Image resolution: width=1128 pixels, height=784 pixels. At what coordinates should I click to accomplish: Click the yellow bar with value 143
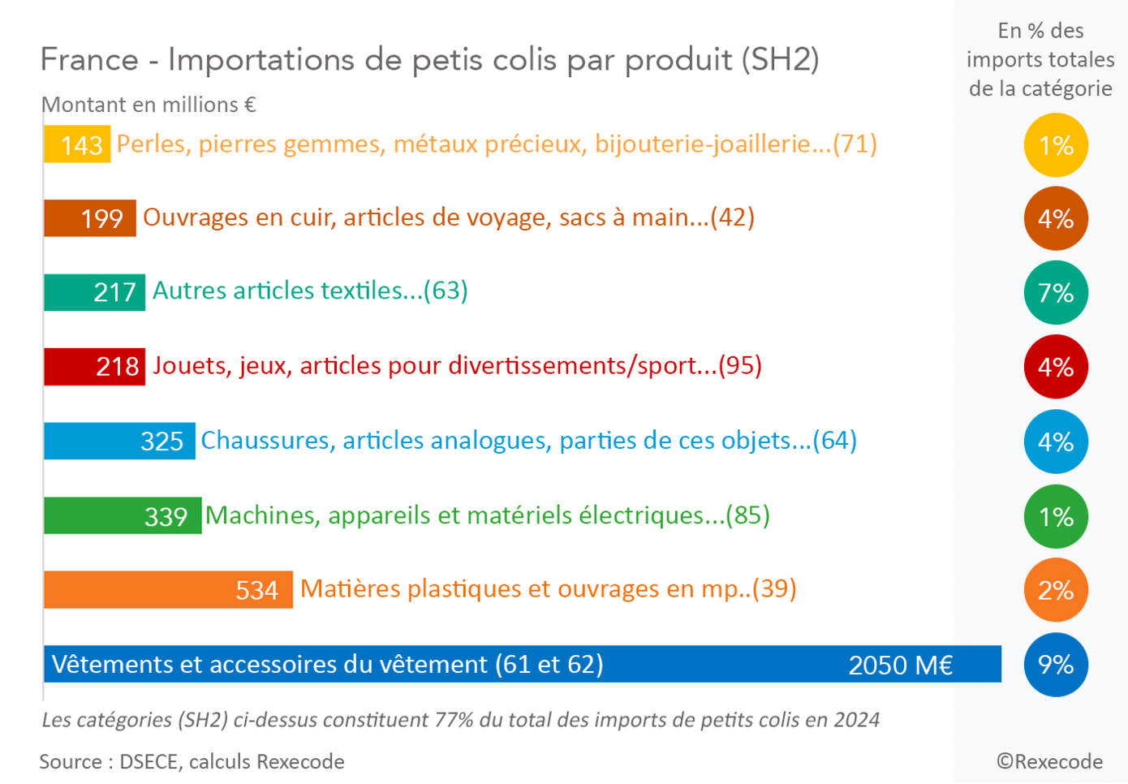click(x=77, y=144)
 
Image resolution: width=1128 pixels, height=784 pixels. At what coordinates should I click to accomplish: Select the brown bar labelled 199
click(x=90, y=218)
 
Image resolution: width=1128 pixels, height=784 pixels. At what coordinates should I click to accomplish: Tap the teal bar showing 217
click(x=95, y=292)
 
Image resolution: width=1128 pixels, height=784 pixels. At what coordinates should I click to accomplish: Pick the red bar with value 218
click(x=95, y=366)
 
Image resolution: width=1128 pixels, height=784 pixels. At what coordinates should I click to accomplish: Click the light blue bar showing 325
click(x=119, y=441)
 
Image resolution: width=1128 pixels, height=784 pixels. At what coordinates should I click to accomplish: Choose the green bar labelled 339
click(x=123, y=515)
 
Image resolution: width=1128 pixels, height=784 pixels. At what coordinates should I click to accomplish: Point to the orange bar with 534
click(x=168, y=589)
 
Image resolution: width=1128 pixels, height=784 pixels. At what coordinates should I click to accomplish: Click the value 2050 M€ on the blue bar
click(x=900, y=666)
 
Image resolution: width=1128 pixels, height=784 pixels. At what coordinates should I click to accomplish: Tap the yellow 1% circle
click(x=1056, y=145)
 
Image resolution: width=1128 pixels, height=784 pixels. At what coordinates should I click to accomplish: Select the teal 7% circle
click(x=1056, y=292)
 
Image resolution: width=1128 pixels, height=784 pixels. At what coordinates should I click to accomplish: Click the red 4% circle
click(x=1056, y=367)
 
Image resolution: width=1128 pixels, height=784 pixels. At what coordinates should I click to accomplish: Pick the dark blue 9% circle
click(x=1056, y=665)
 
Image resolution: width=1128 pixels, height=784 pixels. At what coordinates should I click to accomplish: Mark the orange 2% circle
click(x=1056, y=590)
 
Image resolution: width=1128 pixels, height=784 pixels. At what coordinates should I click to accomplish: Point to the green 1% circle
click(x=1056, y=516)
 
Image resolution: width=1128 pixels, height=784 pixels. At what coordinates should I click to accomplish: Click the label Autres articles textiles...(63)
click(x=310, y=291)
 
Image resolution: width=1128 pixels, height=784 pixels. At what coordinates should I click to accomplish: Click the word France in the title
click(x=90, y=60)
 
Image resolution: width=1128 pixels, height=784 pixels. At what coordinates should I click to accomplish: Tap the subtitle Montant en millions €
click(x=149, y=105)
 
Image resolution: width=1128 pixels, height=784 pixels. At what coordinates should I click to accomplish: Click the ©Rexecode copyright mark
click(x=1049, y=761)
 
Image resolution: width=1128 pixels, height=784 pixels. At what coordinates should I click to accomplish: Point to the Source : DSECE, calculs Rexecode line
click(x=192, y=761)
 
